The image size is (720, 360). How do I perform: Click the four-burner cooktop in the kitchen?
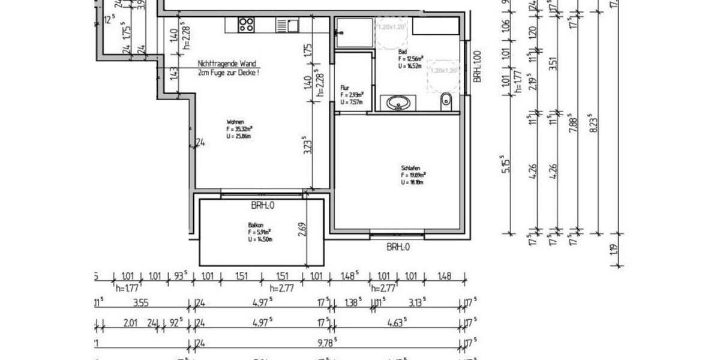[245, 25]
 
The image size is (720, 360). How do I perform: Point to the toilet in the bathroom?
[445, 101]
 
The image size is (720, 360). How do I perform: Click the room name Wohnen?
[235, 121]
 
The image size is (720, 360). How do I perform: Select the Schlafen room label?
[410, 168]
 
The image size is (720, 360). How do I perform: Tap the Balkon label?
[256, 225]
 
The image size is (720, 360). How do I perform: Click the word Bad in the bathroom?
[401, 52]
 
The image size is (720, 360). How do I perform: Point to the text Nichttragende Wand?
[227, 63]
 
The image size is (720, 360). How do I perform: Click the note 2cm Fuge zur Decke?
[229, 72]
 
